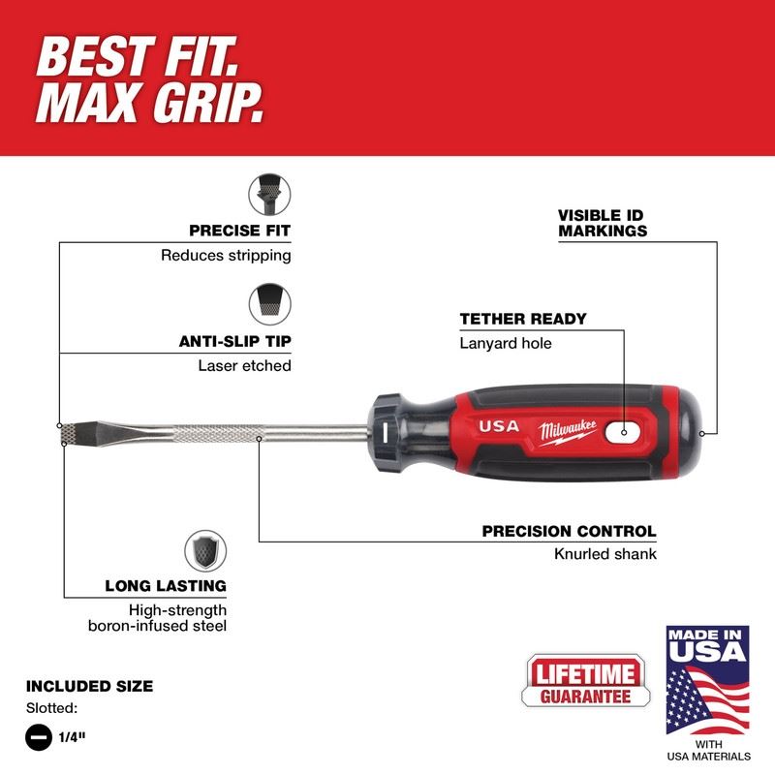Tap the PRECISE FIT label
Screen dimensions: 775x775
tap(239, 231)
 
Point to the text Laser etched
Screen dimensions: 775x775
tap(244, 365)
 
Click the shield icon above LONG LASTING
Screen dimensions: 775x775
tap(204, 551)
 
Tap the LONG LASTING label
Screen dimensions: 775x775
tap(166, 586)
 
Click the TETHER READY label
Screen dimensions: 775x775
tap(523, 318)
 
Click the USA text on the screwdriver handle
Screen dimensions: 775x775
tap(499, 426)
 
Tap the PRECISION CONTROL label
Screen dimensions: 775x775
tap(569, 531)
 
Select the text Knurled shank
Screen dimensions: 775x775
tap(607, 553)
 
